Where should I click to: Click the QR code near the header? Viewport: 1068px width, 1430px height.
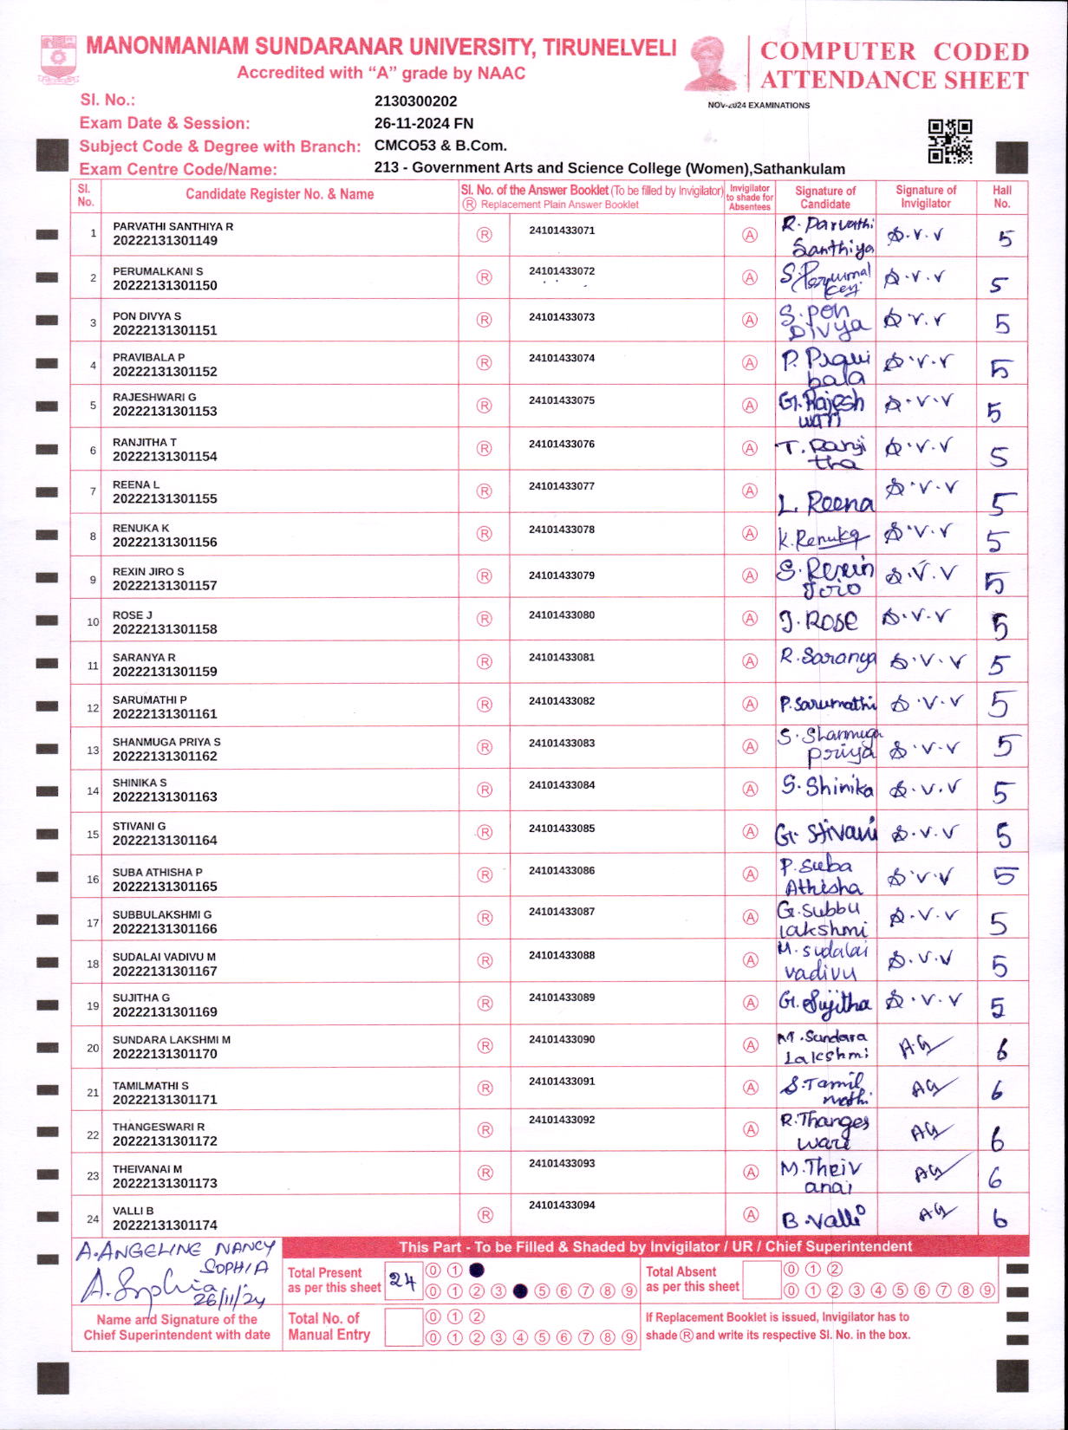point(949,141)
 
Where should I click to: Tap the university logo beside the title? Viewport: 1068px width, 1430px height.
point(58,58)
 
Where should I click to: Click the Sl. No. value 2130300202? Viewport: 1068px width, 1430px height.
point(415,101)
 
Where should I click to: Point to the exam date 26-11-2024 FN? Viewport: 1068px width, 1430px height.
point(423,123)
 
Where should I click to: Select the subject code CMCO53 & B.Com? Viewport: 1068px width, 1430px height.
point(440,146)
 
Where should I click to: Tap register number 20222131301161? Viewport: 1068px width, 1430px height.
point(165,714)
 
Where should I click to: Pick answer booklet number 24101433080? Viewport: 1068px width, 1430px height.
point(562,615)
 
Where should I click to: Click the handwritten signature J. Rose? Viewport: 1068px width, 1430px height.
point(819,621)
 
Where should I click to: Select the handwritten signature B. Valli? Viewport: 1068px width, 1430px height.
point(823,1219)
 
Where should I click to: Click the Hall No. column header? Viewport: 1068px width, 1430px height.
point(1002,197)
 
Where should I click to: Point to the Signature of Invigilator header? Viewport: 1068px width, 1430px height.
point(926,197)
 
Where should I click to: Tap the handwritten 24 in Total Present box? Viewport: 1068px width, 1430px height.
point(402,1280)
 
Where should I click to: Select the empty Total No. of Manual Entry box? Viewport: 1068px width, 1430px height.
point(402,1327)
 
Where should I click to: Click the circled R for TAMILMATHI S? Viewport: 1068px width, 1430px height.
point(485,1089)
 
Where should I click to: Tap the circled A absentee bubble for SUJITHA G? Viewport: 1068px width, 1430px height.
point(751,1004)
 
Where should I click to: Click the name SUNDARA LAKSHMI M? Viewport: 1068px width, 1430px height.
point(172,1040)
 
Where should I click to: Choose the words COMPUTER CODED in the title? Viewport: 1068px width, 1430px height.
point(894,52)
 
